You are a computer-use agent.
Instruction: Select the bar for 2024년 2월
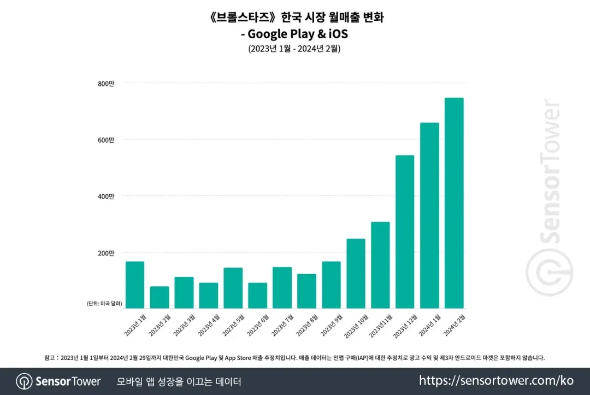[454, 203]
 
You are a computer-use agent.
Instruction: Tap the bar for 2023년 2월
[160, 297]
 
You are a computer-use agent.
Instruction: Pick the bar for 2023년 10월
[356, 274]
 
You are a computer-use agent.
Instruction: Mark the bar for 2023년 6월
[257, 295]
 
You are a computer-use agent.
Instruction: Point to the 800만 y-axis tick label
[107, 83]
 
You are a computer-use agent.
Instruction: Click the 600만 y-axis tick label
[107, 140]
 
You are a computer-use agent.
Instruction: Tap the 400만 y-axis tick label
[107, 196]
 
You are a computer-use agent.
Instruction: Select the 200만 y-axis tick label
[107, 253]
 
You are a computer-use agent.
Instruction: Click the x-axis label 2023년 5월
[232, 325]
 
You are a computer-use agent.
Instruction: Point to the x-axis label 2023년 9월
[331, 325]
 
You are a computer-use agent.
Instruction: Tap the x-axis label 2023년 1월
[134, 325]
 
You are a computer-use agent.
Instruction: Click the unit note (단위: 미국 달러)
[104, 303]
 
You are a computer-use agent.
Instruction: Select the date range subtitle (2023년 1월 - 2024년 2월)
[294, 49]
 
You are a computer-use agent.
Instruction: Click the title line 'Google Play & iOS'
[294, 34]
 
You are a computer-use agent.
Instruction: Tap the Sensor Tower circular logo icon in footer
[24, 381]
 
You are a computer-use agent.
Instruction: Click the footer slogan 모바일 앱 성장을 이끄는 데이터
[179, 381]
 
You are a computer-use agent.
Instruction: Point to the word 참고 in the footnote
[50, 358]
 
